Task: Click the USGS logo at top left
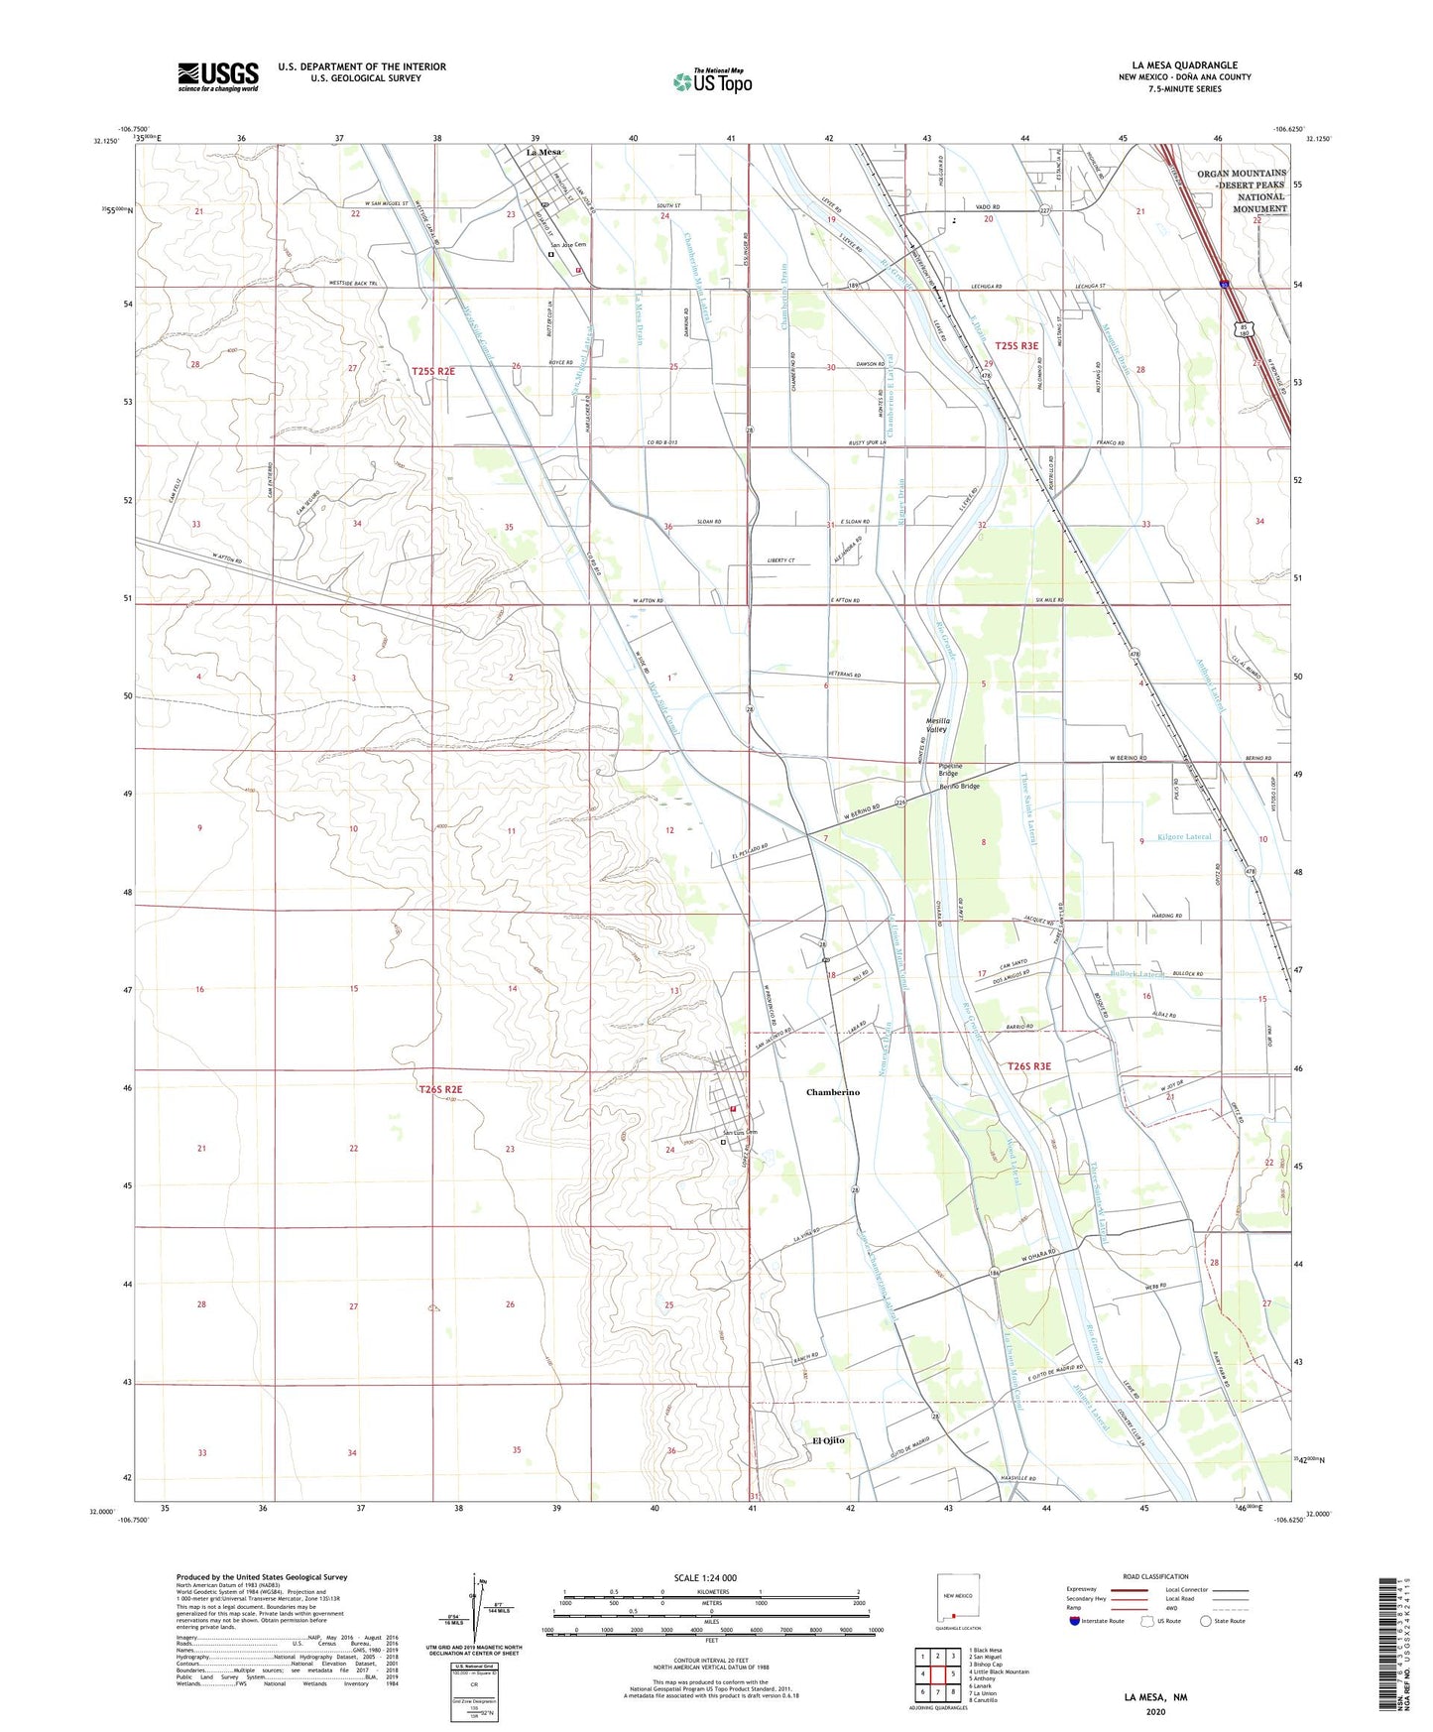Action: coord(217,76)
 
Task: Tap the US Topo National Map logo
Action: coord(712,81)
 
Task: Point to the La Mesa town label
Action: coord(543,152)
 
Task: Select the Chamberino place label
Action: coord(832,1092)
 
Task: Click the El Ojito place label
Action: coord(828,1440)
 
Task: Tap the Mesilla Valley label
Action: coord(937,725)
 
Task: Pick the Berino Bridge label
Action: coord(959,787)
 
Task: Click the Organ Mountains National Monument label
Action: coord(1241,191)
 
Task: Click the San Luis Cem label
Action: coord(739,1133)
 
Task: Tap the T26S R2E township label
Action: coord(440,1089)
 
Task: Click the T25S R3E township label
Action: coord(1016,345)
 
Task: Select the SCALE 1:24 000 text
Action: coord(704,1577)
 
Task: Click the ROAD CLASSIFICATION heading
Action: coord(1155,1576)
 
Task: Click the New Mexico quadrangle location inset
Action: coord(957,1597)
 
